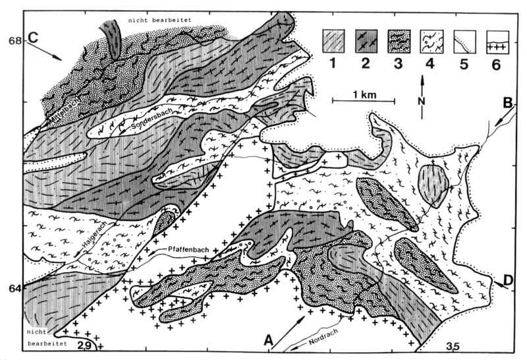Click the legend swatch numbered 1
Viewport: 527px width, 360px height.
pos(333,42)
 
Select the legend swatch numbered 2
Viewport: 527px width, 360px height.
pos(366,42)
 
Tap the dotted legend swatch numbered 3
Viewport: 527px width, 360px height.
pos(399,42)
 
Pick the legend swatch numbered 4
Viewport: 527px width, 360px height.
pos(431,42)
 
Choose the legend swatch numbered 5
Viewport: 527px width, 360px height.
pos(464,42)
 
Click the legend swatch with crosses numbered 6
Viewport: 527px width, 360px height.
pos(498,42)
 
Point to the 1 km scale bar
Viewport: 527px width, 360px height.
pos(364,101)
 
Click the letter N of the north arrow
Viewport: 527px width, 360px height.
pos(422,101)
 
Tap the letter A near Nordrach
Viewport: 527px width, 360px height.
pos(268,340)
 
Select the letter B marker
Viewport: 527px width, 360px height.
pos(507,103)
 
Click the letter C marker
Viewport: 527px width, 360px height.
pos(32,38)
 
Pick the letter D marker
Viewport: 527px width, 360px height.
pos(509,280)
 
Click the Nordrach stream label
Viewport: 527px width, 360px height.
pos(323,338)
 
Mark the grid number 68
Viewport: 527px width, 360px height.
pos(14,40)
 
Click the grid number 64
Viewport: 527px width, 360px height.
pos(14,288)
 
